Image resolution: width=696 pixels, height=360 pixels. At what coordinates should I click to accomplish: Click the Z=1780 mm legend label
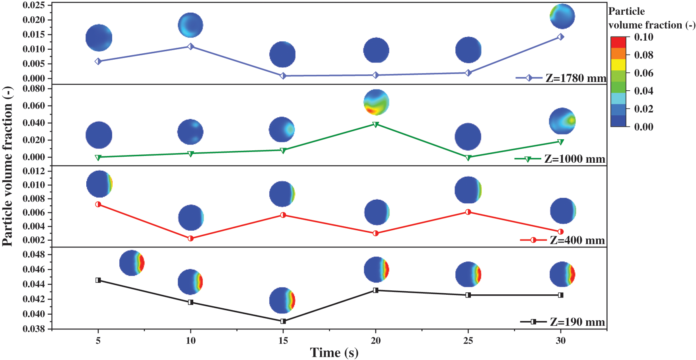pos(575,78)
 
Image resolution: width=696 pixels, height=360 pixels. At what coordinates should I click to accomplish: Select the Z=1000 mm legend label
pos(575,159)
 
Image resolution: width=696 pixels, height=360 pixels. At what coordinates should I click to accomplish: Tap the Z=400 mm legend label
pos(577,240)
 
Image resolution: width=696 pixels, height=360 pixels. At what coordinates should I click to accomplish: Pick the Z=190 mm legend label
pos(577,322)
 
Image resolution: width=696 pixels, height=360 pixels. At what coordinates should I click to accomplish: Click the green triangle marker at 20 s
pos(375,125)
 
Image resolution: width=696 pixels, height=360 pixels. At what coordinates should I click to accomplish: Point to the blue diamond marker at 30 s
pos(560,37)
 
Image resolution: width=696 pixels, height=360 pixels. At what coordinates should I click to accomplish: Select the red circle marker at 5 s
pos(98,204)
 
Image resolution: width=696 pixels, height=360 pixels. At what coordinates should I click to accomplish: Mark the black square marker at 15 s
pos(283,321)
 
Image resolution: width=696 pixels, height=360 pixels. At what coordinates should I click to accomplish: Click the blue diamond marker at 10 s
pos(191,47)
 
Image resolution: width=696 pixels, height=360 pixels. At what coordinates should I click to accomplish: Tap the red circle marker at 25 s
pos(468,212)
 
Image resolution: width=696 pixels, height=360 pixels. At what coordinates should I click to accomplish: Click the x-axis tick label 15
pos(283,341)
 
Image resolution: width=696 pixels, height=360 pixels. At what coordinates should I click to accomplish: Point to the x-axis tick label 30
pos(560,341)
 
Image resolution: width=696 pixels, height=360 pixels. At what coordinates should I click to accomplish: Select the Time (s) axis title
pos(334,352)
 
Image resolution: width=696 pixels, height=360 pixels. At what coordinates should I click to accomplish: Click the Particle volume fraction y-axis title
pos(8,166)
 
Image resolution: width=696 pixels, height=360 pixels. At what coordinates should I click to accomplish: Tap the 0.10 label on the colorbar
pos(644,37)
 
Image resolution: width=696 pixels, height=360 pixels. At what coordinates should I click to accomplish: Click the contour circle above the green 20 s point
pos(376,102)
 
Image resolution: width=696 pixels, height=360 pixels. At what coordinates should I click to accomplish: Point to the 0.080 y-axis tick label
pos(34,89)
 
